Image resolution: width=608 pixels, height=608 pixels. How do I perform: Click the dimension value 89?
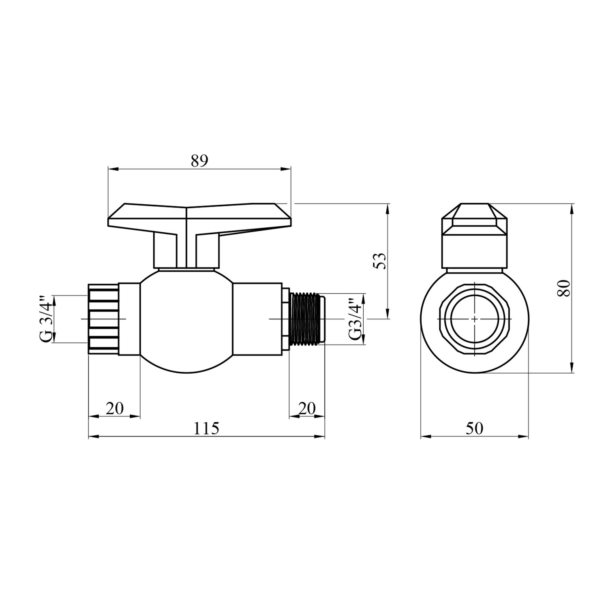(199, 161)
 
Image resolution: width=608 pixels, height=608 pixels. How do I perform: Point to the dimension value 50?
(475, 428)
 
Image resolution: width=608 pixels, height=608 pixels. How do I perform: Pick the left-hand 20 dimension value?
(115, 408)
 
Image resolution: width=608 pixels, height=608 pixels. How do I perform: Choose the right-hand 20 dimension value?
(307, 408)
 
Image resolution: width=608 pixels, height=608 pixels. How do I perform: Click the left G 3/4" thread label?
(47, 319)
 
